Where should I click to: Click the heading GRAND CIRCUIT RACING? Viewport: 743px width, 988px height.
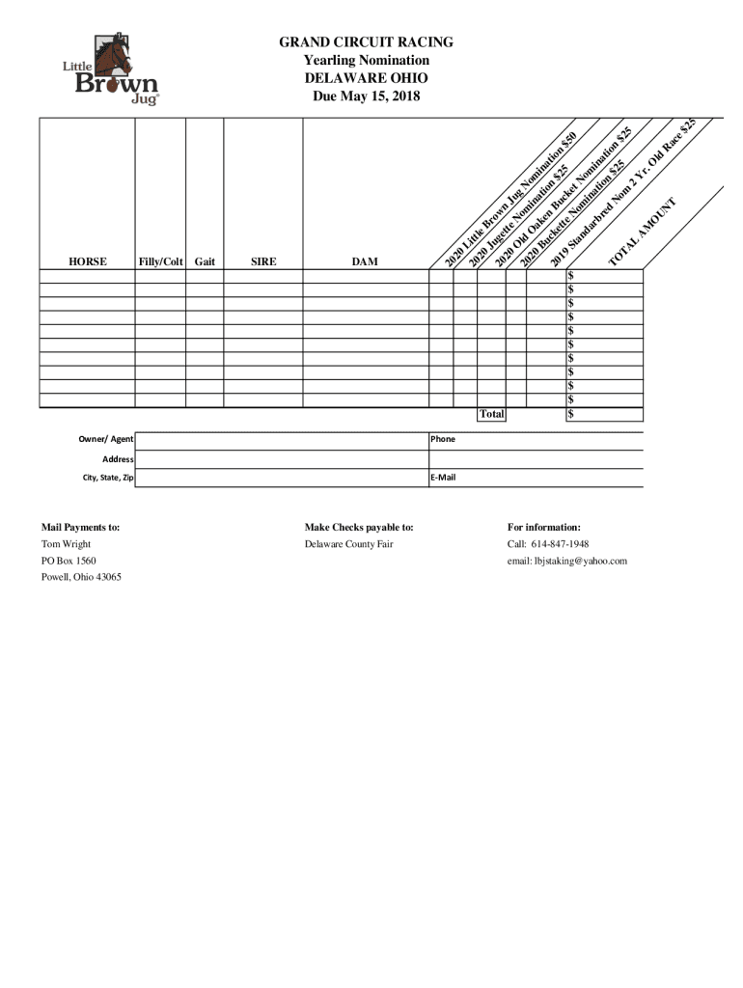[x=366, y=42]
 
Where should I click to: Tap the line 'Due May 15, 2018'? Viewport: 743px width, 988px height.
[x=366, y=96]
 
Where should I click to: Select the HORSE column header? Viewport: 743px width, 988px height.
[x=87, y=261]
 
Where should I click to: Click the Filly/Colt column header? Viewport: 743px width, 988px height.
[x=160, y=261]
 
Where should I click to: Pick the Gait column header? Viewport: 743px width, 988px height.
[x=205, y=261]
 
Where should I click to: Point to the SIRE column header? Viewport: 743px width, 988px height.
[x=263, y=261]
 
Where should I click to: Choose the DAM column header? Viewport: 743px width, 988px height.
[x=365, y=261]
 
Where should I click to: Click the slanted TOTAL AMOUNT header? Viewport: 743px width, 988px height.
[x=646, y=233]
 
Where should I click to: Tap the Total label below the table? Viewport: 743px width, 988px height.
[x=491, y=414]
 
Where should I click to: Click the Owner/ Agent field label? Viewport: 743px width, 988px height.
[x=106, y=440]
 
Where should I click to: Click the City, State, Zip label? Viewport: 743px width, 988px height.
[x=108, y=478]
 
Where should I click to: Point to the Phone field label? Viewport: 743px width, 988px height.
[x=443, y=440]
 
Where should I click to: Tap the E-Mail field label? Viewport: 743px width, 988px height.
[x=443, y=478]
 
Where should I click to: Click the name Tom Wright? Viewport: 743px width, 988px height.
[x=66, y=544]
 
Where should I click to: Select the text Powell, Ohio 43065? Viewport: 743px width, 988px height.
[x=81, y=577]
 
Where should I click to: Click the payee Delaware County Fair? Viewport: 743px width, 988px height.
[x=348, y=544]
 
